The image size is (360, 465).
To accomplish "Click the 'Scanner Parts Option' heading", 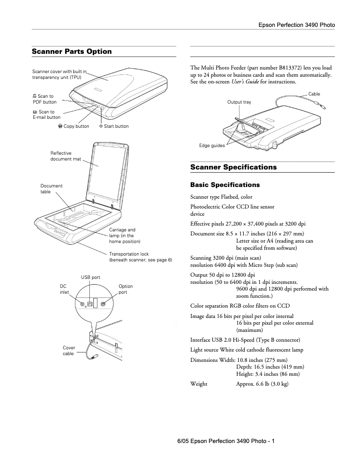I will pos(72,52).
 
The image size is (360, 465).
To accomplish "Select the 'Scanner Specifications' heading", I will pos(233,167).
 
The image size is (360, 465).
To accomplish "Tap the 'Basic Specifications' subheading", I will pos(225,185).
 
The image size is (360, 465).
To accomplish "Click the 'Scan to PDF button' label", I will pos(44,99).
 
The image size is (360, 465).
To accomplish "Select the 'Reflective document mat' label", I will pos(66,156).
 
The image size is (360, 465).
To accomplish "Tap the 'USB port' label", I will pos(90,278).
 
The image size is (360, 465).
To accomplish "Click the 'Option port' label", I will pos(126,289).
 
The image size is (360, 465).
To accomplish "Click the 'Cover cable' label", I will pos(69,351).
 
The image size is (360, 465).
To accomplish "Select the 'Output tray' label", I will pos(239,102).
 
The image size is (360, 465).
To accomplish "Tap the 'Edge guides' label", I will pos(212,146).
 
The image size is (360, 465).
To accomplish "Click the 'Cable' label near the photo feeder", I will pos(314,94).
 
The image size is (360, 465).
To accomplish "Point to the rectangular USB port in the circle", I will pos(90,304).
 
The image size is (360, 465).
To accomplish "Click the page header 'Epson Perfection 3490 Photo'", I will pos(296,25).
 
